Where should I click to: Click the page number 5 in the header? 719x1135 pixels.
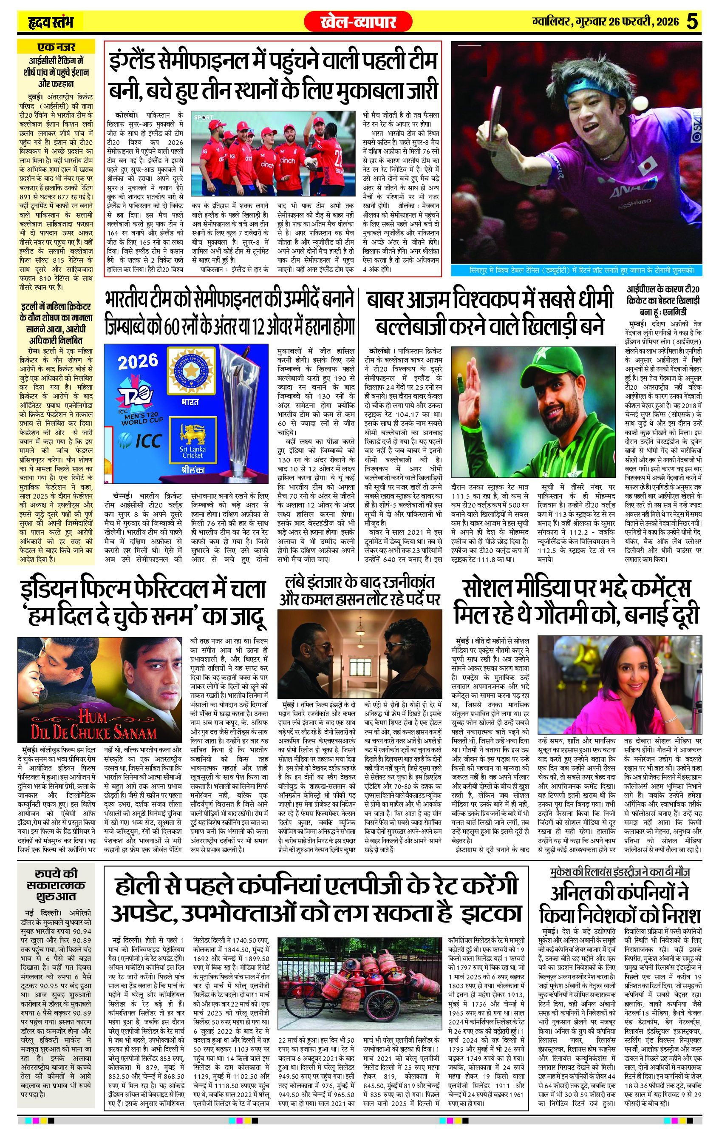pyautogui.click(x=693, y=21)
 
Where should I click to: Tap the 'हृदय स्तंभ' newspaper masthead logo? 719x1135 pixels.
pyautogui.click(x=49, y=22)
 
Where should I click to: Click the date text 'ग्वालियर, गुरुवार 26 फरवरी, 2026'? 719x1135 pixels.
pyautogui.click(x=603, y=22)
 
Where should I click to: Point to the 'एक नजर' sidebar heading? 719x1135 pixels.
pyautogui.click(x=57, y=48)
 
